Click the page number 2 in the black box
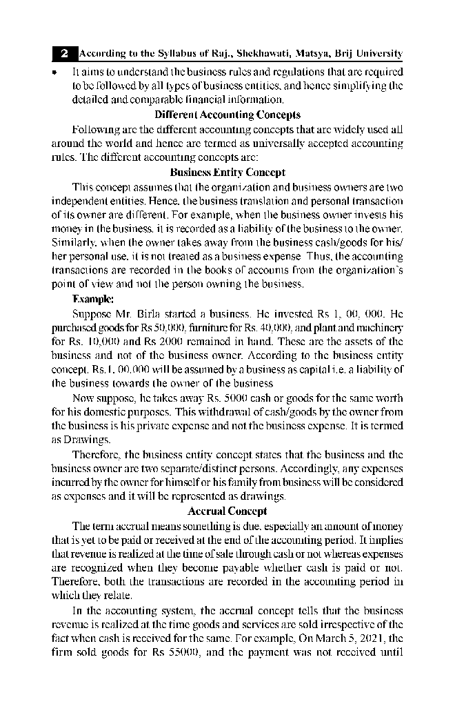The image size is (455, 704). point(64,53)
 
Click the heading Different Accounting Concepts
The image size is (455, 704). point(227,115)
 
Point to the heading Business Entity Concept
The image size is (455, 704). point(227,173)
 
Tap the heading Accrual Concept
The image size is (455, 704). point(227,511)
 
